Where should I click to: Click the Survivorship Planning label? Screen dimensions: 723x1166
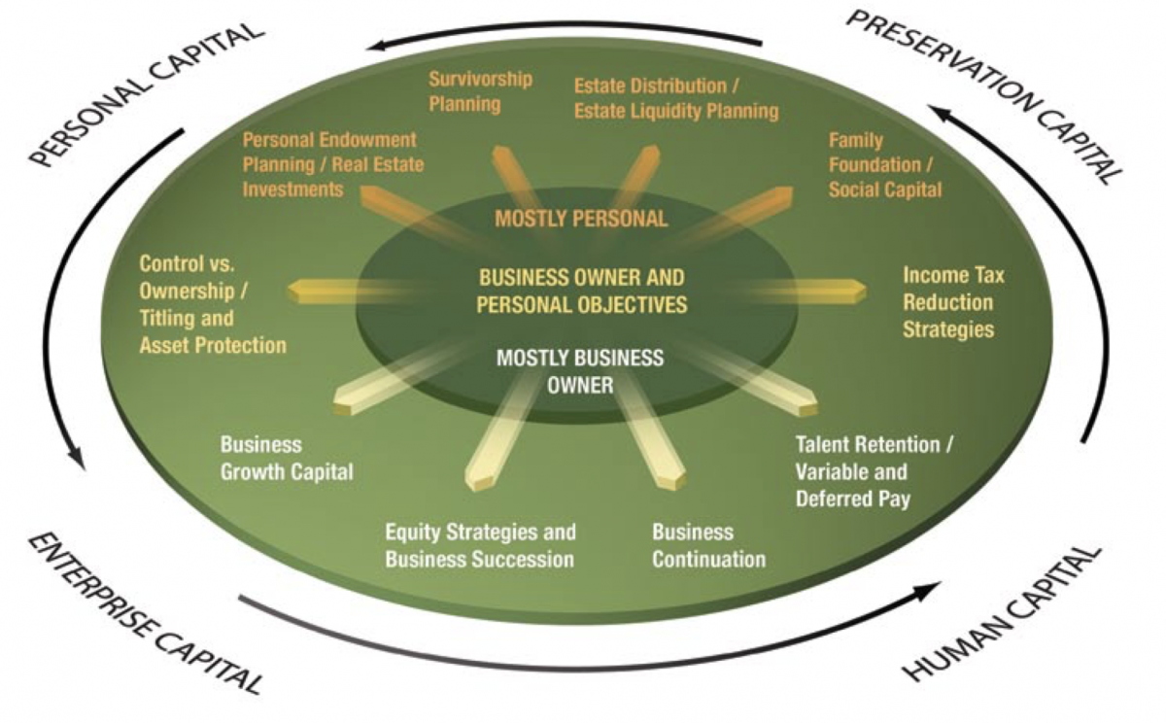click(x=480, y=90)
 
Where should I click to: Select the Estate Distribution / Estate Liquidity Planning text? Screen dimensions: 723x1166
click(x=676, y=98)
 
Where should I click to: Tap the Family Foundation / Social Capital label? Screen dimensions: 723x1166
click(x=884, y=165)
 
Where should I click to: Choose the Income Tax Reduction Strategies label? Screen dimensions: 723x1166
click(x=953, y=302)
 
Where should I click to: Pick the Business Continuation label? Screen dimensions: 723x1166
click(x=708, y=545)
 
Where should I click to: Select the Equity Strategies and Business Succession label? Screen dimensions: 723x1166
click(x=480, y=545)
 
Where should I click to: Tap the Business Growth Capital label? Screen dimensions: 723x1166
click(x=287, y=459)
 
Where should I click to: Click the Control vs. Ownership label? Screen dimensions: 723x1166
click(x=213, y=303)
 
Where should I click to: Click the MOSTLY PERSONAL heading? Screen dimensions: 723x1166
click(x=581, y=219)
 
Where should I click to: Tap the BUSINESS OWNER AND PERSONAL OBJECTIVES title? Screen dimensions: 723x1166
click(x=582, y=290)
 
